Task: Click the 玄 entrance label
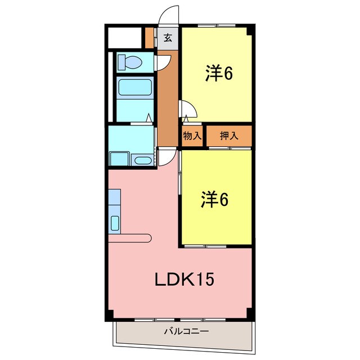[x=168, y=38]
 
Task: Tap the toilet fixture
[x=130, y=62]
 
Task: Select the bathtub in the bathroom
[x=135, y=87]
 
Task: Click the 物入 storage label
[x=192, y=136]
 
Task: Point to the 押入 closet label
[x=229, y=136]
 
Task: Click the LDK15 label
[x=184, y=279]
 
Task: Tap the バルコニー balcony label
[x=186, y=331]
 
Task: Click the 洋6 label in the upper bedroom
[x=219, y=73]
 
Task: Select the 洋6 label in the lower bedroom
[x=215, y=199]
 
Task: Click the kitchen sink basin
[x=115, y=223]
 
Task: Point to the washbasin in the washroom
[x=143, y=160]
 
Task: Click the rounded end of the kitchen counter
[x=148, y=238]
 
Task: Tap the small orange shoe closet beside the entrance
[x=149, y=38]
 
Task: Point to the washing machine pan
[x=119, y=159]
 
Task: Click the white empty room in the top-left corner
[x=125, y=38]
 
